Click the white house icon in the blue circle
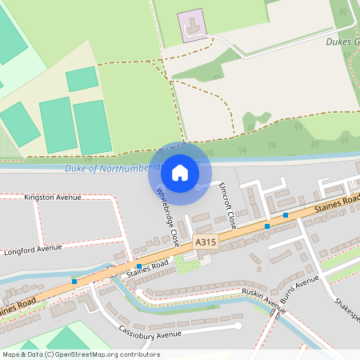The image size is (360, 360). coord(180,173)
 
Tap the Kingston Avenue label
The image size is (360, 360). coord(53,197)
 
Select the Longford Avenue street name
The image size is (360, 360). coord(33,250)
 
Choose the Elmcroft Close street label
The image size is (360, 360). coord(227,204)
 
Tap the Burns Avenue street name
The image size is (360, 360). coord(300,286)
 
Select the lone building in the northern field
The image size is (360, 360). coord(192,26)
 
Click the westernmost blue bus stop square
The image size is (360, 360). coord(74,281)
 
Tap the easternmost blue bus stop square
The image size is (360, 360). coord(286,214)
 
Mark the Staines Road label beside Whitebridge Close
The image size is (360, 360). coord(148,268)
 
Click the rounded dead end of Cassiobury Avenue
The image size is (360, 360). coord(238,326)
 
